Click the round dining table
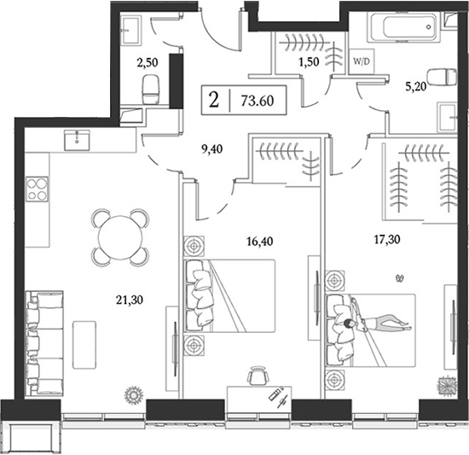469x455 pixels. tap(119, 236)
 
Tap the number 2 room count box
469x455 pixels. tap(213, 99)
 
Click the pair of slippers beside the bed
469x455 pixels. tap(400, 277)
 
